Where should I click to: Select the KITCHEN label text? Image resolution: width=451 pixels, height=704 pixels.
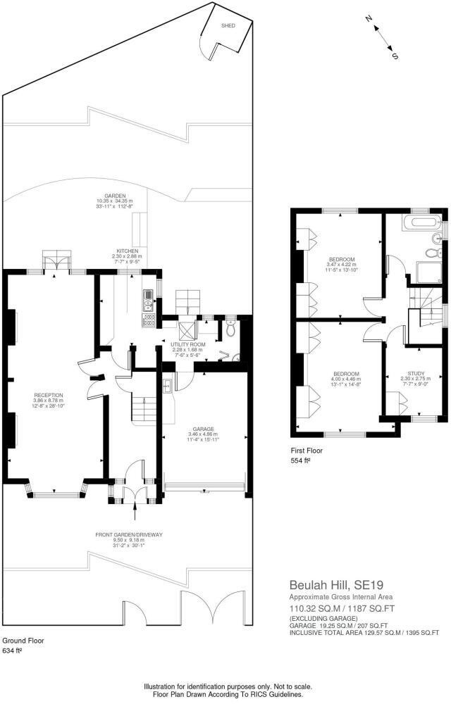point(128,251)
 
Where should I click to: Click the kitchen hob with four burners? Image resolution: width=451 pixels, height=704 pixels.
point(149,320)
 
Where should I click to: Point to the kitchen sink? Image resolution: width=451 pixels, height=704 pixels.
point(148,301)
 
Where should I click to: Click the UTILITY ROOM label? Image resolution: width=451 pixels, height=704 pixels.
point(188,344)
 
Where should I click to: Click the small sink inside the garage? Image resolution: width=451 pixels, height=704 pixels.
point(167,385)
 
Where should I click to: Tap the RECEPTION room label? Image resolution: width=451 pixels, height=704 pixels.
point(49,395)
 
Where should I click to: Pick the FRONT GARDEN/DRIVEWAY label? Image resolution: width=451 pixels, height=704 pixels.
point(129,535)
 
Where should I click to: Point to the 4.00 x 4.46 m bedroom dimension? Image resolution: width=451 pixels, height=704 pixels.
point(345,378)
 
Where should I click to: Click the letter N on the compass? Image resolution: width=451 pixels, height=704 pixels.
point(369,20)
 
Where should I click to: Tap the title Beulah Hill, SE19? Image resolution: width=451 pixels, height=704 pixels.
point(329,585)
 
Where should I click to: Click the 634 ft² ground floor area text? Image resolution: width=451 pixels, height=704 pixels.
point(12,651)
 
